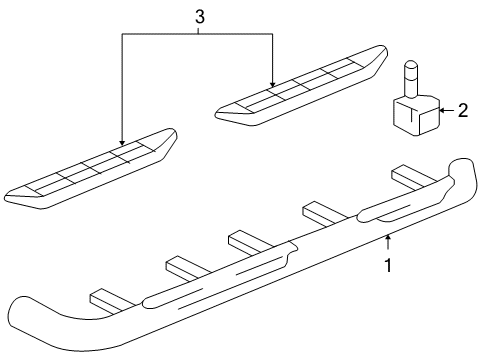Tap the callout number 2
coord(462,111)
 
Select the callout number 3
coord(198,17)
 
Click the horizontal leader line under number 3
coord(198,34)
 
